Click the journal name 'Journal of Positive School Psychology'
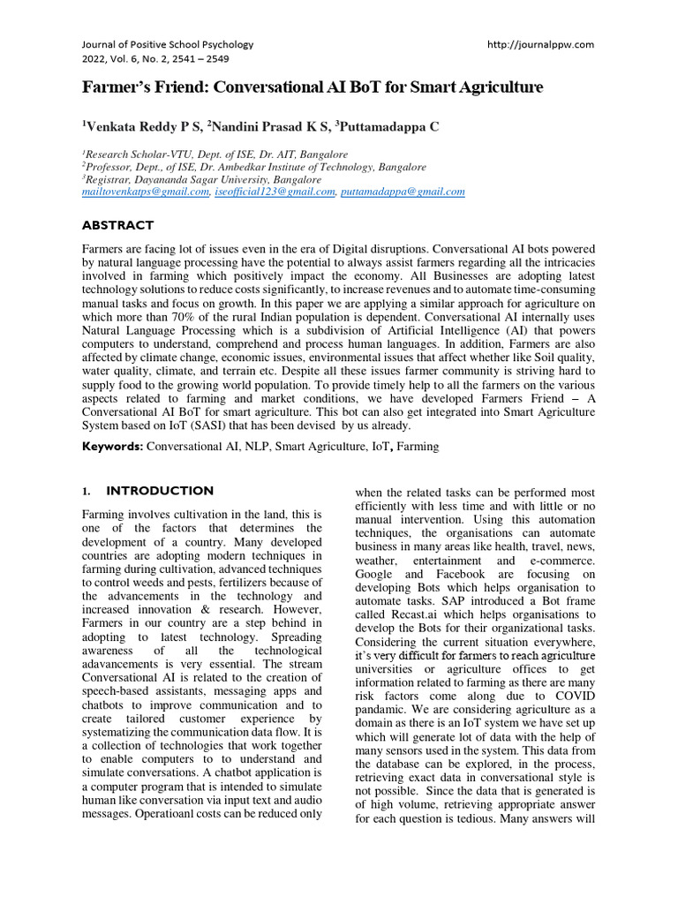coord(167,44)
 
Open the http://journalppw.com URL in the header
coord(540,44)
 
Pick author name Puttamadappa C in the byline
coord(388,127)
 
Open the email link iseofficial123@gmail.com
coord(275,192)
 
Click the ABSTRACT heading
coord(117,225)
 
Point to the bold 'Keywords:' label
coord(112,447)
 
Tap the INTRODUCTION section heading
coord(160,491)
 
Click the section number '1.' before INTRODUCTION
coord(87,491)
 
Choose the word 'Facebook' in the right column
coord(460,574)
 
